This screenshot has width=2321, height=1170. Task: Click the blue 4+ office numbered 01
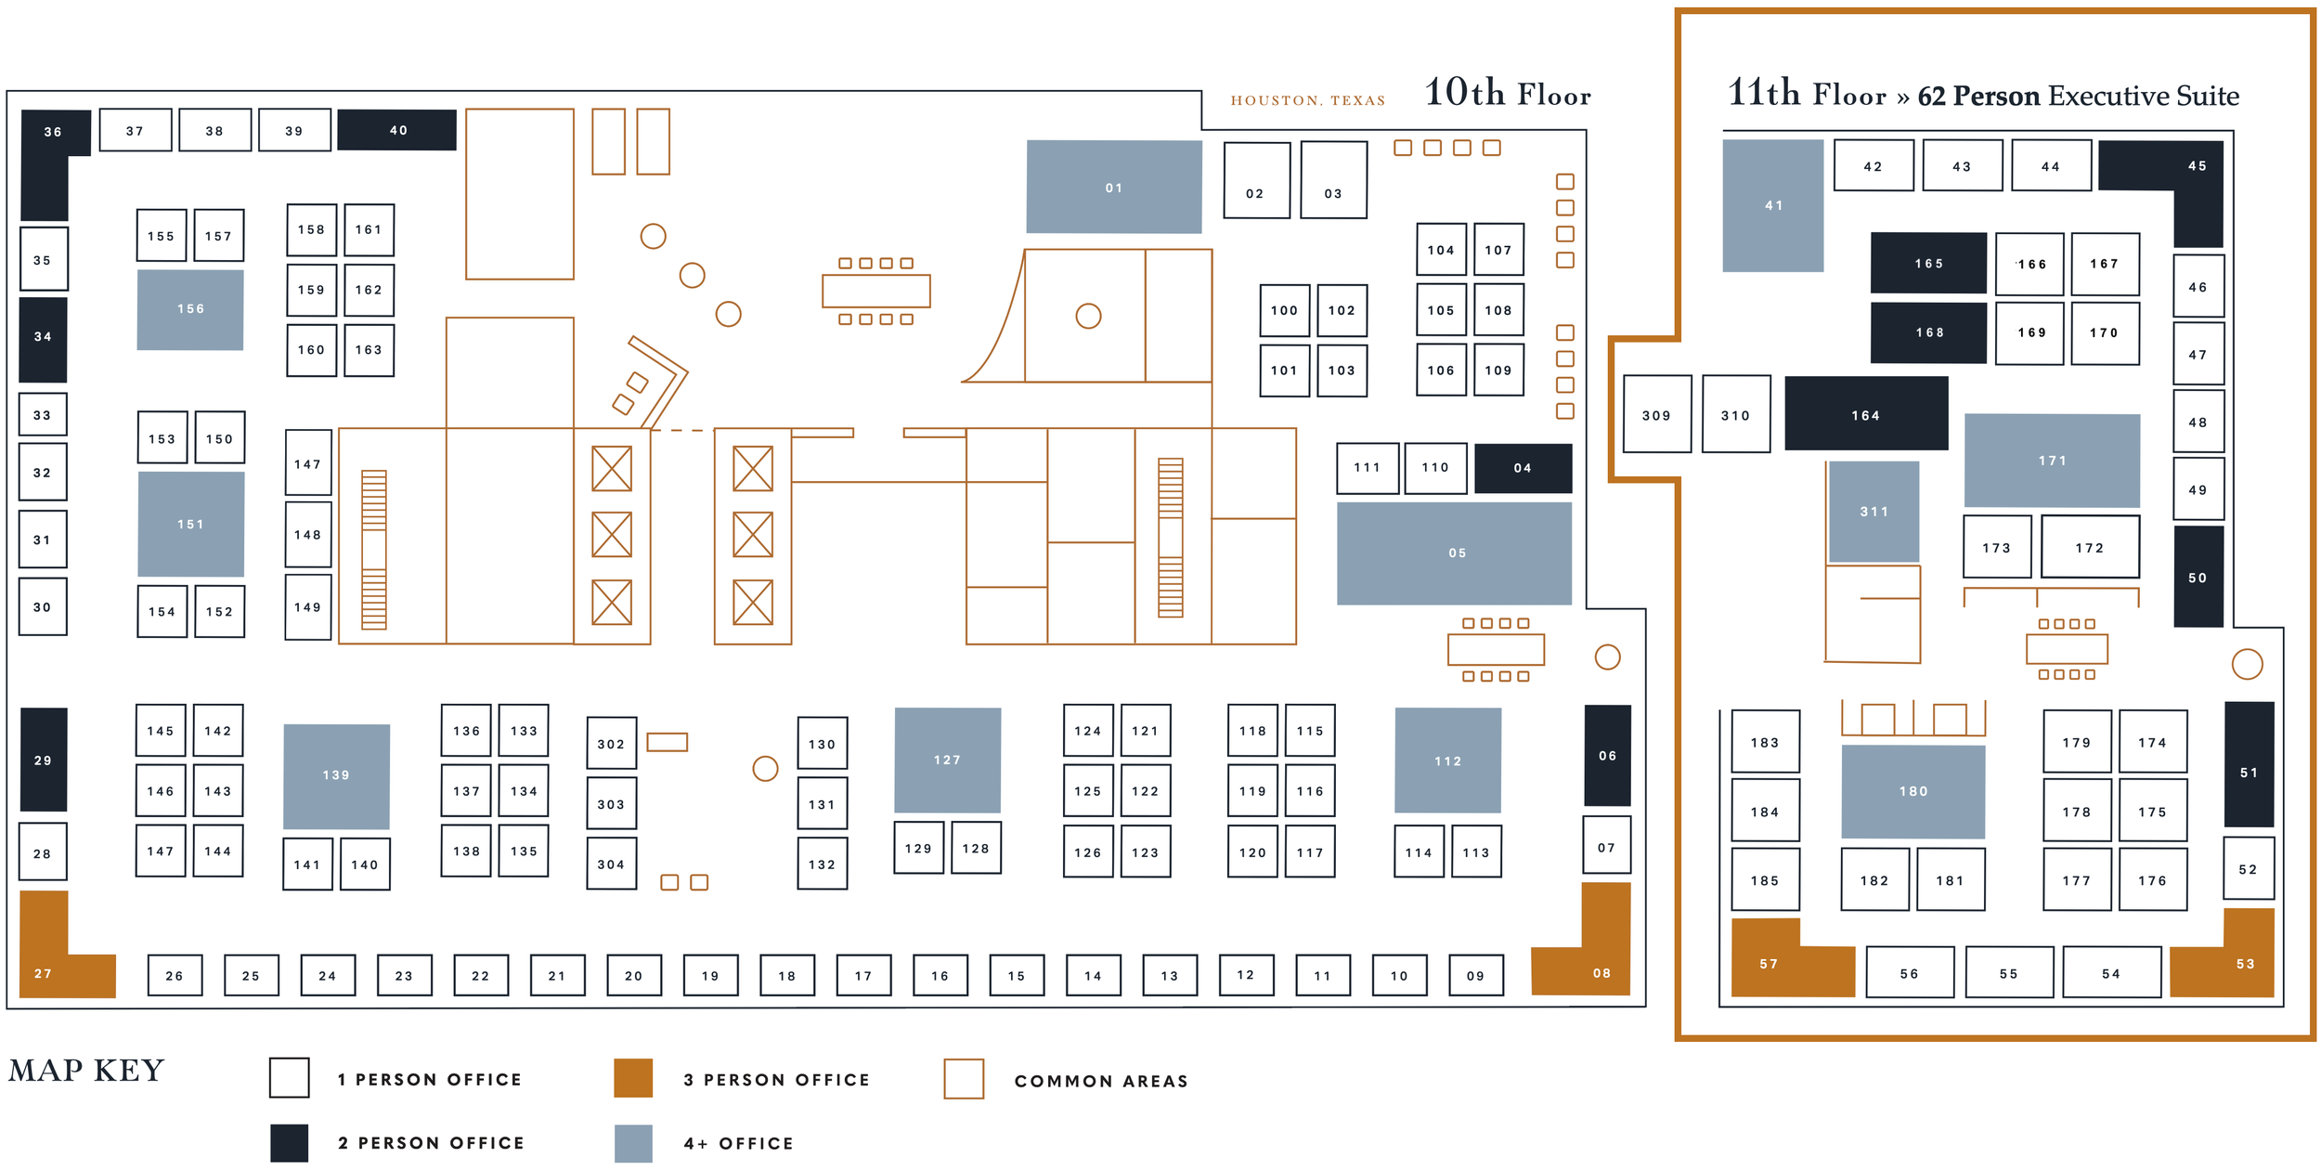point(1113,187)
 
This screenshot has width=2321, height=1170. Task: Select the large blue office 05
point(1454,552)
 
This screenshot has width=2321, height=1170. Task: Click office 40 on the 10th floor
point(396,130)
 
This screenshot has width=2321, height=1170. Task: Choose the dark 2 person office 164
point(1865,414)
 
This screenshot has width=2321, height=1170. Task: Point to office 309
point(1656,414)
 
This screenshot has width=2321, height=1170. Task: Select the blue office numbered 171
point(2052,460)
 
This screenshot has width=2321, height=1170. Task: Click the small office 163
point(369,350)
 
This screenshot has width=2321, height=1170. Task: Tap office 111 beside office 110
point(1367,468)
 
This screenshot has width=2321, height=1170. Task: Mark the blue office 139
point(336,775)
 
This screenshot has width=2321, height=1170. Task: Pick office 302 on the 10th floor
point(611,743)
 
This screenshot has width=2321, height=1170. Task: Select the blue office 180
point(1913,791)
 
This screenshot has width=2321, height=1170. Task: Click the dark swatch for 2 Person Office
point(289,1143)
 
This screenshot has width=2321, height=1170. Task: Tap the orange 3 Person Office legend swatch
point(633,1078)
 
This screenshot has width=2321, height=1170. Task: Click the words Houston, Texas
point(1307,100)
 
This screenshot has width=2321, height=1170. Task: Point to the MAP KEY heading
point(86,1071)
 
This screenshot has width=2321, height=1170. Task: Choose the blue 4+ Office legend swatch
point(633,1143)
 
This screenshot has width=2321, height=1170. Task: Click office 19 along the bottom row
point(710,975)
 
